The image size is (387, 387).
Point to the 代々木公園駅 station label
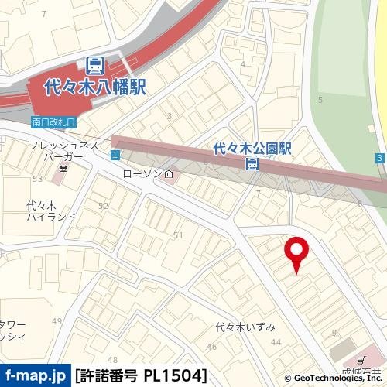252,148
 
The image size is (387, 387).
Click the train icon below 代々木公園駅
252,163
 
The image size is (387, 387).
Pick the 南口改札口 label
53,122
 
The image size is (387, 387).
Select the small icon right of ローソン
169,174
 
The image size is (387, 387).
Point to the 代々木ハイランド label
51,211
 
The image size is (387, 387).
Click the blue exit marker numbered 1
114,156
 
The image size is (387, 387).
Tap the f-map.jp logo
35,376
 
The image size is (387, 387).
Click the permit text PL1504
175,376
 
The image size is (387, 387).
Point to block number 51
177,235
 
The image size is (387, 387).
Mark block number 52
103,206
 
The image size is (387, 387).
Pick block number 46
211,347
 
